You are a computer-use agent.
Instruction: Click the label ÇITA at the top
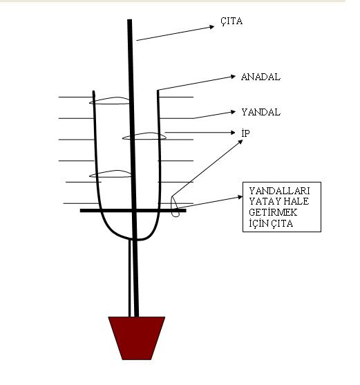pyautogui.click(x=231, y=21)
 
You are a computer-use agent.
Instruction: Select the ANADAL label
pyautogui.click(x=260, y=77)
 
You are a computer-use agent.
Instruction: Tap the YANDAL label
pyautogui.click(x=261, y=112)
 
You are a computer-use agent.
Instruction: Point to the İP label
pyautogui.click(x=245, y=133)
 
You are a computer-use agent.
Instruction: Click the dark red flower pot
pyautogui.click(x=137, y=338)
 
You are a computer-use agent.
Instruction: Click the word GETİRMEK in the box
pyautogui.click(x=273, y=212)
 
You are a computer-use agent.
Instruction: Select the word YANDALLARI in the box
pyautogui.click(x=279, y=191)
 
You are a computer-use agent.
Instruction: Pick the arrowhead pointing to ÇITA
pyautogui.click(x=211, y=27)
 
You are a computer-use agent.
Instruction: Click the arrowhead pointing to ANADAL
pyautogui.click(x=233, y=77)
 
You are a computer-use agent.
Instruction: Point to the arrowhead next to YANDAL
pyautogui.click(x=233, y=112)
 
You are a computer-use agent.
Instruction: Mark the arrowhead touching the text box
pyautogui.click(x=240, y=197)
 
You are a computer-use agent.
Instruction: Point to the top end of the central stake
pyautogui.click(x=130, y=19)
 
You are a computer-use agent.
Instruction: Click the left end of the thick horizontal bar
pyautogui.click(x=81, y=210)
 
